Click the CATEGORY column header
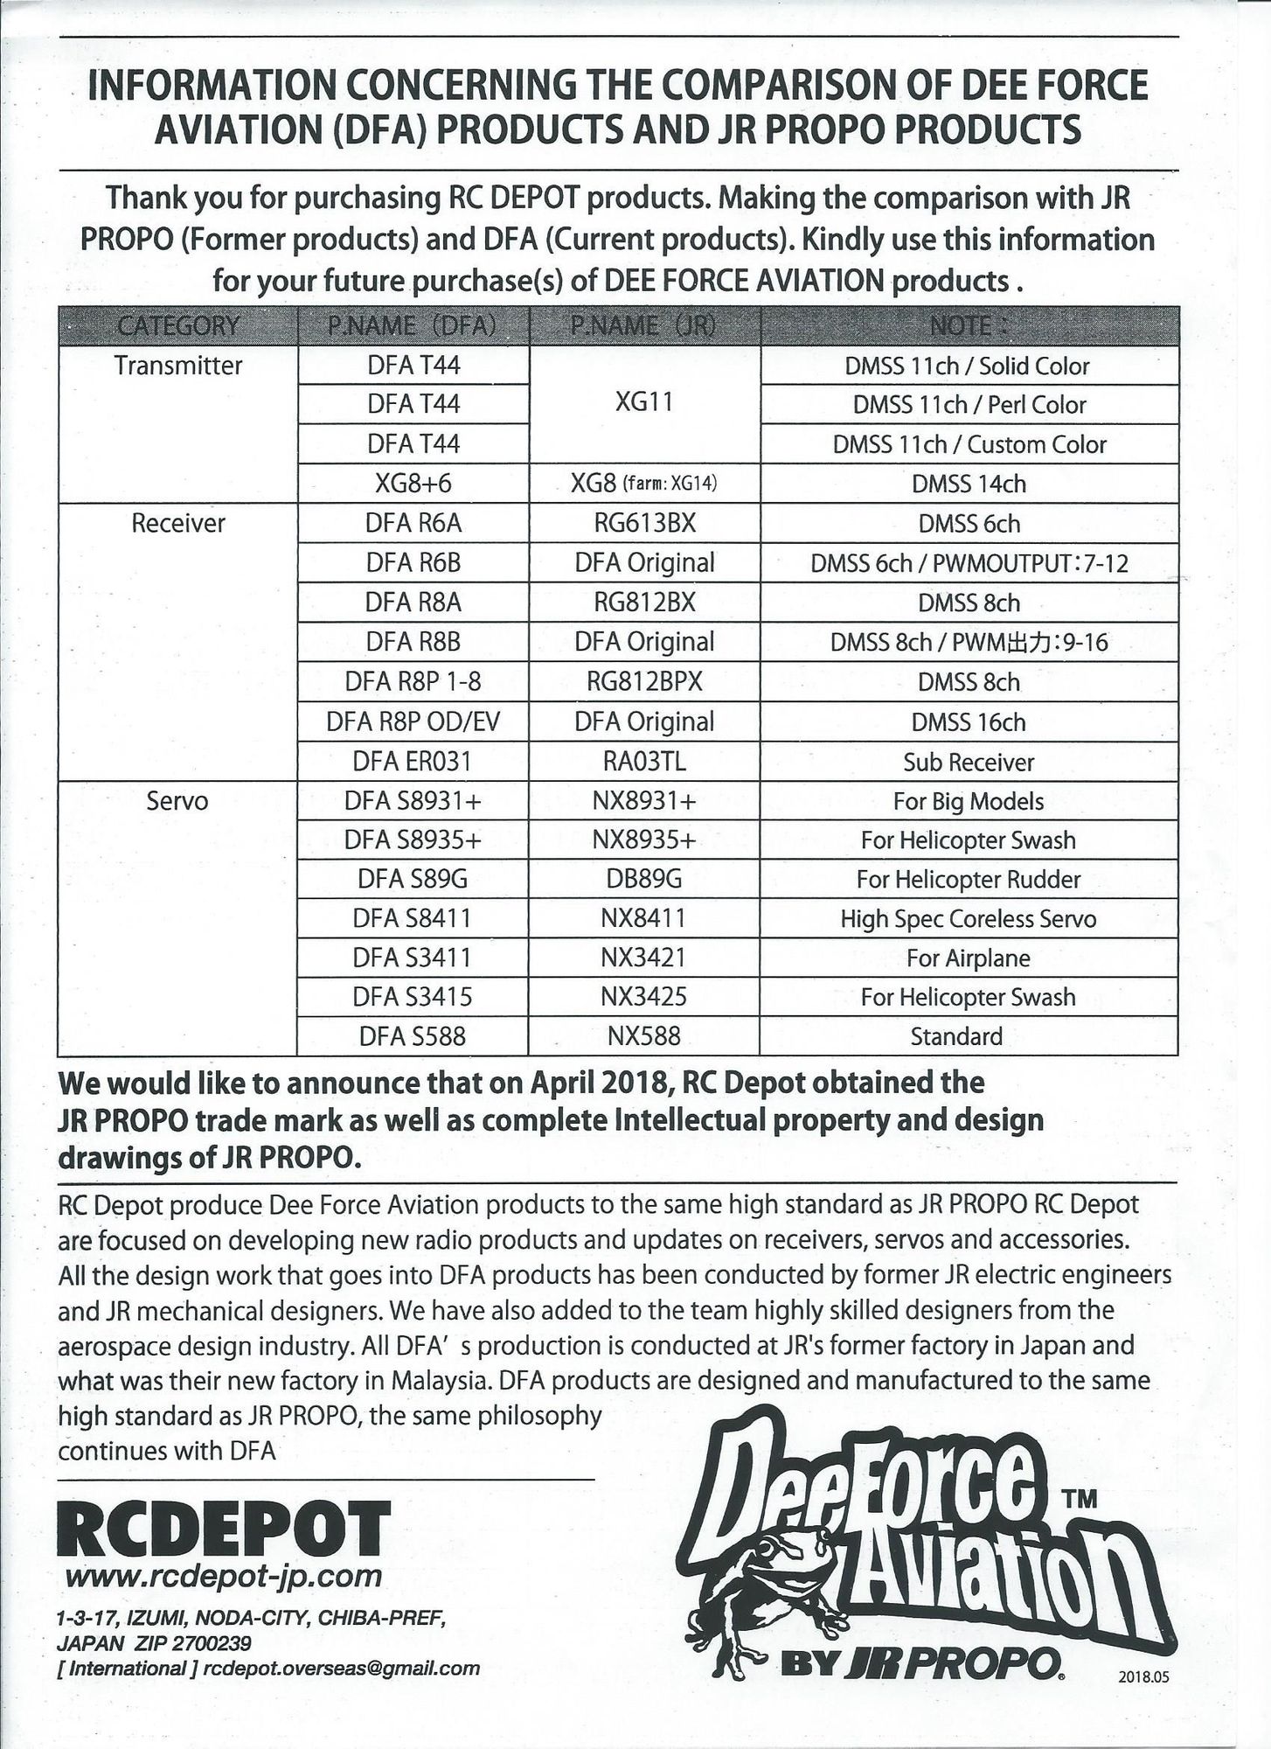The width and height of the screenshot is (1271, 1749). [177, 326]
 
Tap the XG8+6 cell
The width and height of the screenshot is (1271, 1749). [413, 484]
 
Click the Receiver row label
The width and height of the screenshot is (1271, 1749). [177, 523]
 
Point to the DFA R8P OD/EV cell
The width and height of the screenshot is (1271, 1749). [413, 721]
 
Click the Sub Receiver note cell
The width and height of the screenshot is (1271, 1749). [969, 762]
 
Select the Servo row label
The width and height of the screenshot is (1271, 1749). [177, 801]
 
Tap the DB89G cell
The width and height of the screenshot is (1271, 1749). [643, 879]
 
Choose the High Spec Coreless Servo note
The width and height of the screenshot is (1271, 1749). [969, 918]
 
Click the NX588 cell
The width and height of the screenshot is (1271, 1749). [643, 1036]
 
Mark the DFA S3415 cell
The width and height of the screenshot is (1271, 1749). [413, 997]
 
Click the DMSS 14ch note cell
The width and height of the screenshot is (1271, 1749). [969, 484]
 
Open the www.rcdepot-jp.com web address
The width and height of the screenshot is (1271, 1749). [224, 1576]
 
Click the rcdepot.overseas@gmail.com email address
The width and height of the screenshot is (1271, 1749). [341, 1668]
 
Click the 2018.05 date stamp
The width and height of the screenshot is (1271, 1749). [1143, 1678]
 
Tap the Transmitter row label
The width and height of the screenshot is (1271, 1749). [177, 366]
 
